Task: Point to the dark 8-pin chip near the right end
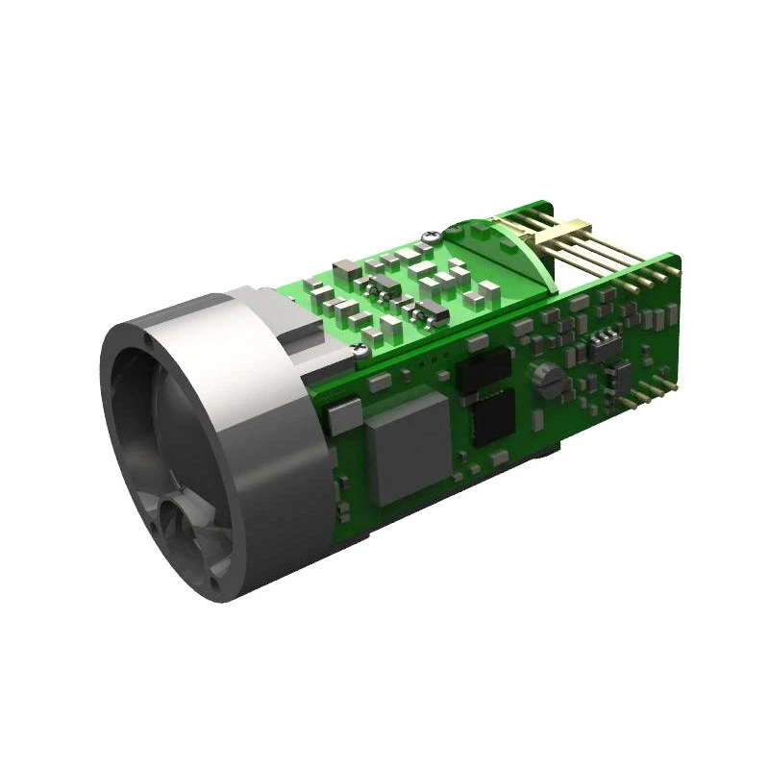(x=604, y=344)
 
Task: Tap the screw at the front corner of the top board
(x=358, y=352)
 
